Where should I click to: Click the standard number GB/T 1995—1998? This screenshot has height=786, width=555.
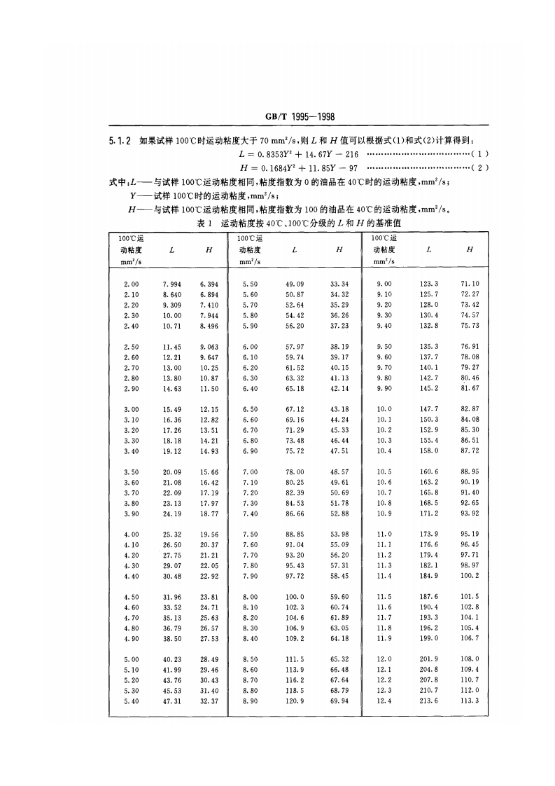click(x=276, y=118)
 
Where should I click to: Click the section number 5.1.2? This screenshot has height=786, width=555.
click(x=120, y=141)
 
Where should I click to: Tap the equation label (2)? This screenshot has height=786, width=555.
click(x=480, y=168)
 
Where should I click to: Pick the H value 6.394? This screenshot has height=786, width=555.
click(x=209, y=284)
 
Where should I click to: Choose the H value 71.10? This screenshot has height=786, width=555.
click(x=470, y=284)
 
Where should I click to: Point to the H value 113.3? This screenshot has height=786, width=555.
click(x=470, y=701)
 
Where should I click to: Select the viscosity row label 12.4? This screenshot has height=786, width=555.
click(x=384, y=701)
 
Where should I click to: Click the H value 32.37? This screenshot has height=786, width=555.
click(x=209, y=701)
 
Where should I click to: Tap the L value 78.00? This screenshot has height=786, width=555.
click(x=295, y=472)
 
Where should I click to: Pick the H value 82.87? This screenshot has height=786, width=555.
click(x=470, y=409)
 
